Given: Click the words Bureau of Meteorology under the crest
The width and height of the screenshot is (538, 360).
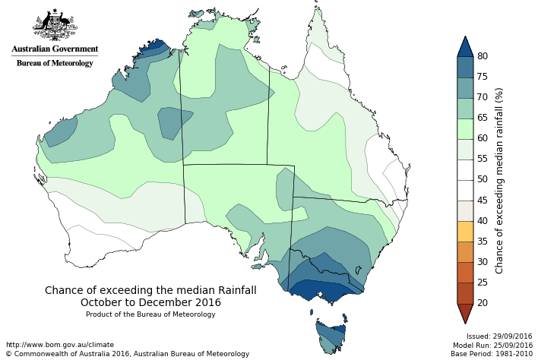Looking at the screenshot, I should [x=55, y=63].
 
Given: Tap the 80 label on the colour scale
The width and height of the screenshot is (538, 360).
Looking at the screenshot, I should [x=483, y=56].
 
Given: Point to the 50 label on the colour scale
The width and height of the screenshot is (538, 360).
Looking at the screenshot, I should [x=483, y=179].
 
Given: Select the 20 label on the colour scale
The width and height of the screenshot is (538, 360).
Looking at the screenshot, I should [x=483, y=302].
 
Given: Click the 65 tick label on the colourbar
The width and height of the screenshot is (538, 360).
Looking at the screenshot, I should [x=483, y=118].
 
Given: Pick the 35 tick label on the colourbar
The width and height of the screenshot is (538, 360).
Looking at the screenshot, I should [x=483, y=241].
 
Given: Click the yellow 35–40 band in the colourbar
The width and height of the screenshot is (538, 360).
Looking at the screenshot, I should [x=466, y=231].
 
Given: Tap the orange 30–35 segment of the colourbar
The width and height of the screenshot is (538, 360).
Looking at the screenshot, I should [x=466, y=251].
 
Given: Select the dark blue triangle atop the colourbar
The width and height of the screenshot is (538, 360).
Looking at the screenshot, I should [x=466, y=47].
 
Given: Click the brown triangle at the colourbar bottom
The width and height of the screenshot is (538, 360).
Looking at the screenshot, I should [x=466, y=311].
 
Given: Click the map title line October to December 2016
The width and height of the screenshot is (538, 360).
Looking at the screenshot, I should [x=150, y=302].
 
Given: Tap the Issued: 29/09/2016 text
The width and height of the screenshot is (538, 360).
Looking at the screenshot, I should [x=498, y=336].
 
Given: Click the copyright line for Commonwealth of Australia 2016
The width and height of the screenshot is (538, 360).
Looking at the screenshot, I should [x=128, y=354].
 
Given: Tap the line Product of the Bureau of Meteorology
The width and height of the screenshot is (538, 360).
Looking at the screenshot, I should [x=150, y=314].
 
